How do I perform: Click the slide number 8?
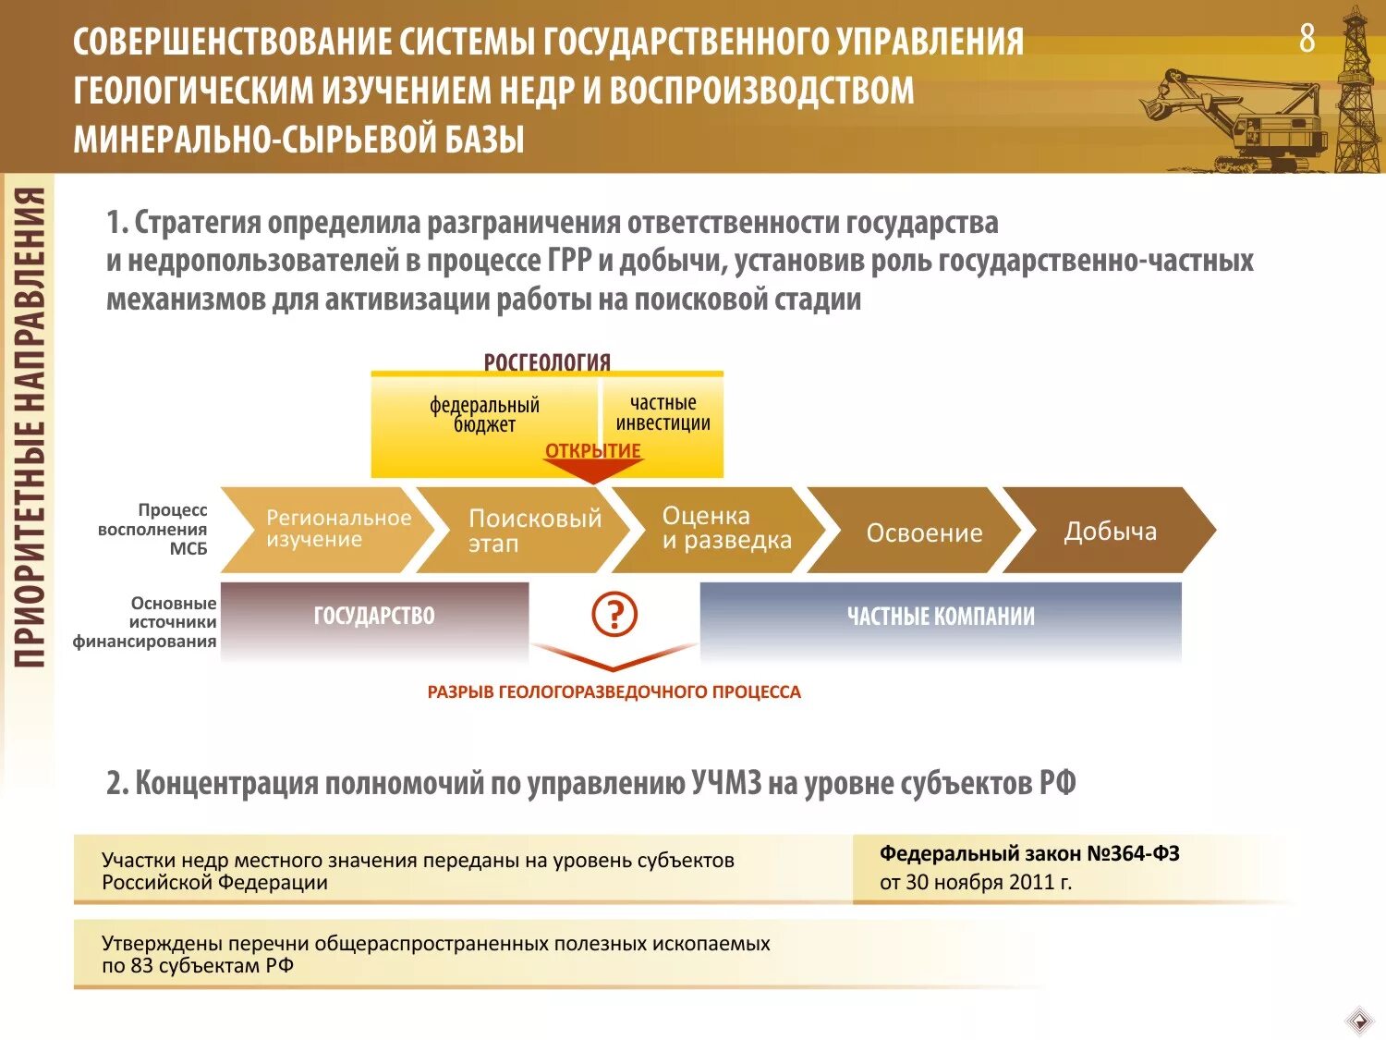tap(1307, 39)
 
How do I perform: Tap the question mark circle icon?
tap(614, 614)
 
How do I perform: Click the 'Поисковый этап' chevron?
tap(527, 530)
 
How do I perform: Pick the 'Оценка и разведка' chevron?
tap(721, 529)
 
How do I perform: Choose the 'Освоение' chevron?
tap(919, 532)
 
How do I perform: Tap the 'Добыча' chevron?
tap(1109, 531)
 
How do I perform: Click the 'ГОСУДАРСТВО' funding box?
tap(374, 616)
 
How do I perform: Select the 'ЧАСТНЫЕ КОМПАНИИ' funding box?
tap(941, 617)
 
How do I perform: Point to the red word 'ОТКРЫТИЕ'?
tap(593, 451)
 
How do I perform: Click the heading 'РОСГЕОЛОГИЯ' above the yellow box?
tap(547, 361)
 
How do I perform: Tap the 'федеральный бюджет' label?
tap(484, 415)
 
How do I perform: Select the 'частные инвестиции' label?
tap(663, 413)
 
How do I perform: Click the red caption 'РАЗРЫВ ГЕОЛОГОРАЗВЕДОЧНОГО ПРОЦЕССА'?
tap(614, 692)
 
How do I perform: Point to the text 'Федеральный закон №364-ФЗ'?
tap(1029, 853)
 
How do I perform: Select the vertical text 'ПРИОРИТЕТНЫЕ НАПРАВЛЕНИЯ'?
tap(30, 425)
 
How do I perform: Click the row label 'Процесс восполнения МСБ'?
tap(153, 529)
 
